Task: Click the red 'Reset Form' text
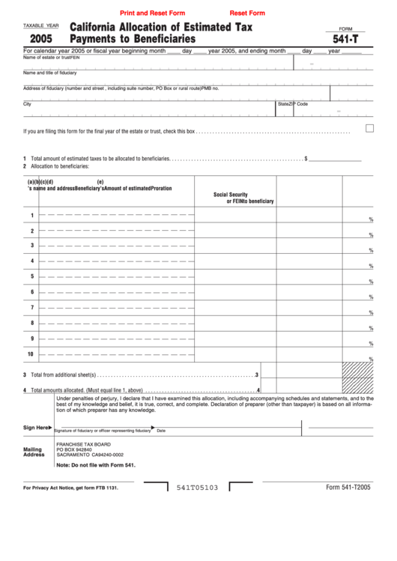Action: [x=247, y=13]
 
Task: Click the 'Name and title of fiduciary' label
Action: [x=50, y=73]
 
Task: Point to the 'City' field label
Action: [x=28, y=104]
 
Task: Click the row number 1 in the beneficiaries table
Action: [x=31, y=216]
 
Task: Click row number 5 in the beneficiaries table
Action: [x=31, y=276]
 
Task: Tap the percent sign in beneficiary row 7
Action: [x=371, y=312]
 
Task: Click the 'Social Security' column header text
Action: [x=231, y=194]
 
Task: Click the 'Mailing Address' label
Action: [x=34, y=452]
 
